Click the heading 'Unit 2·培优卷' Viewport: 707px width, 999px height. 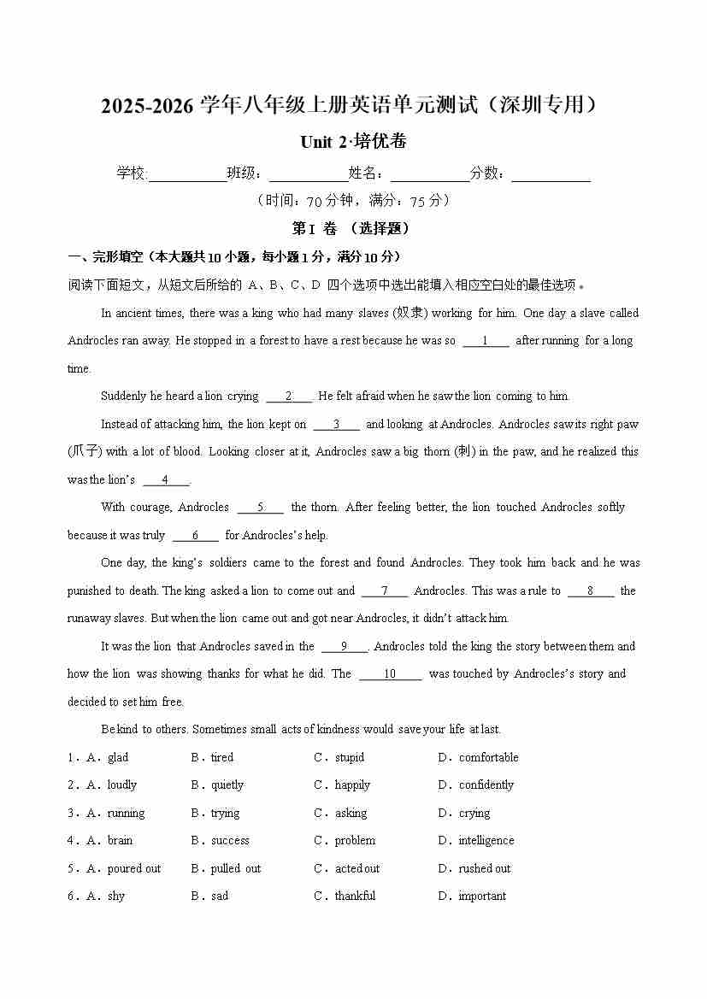tap(353, 142)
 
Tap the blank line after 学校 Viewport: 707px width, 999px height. tap(187, 174)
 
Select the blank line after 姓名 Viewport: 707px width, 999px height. tap(430, 174)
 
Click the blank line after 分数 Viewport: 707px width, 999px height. tap(551, 174)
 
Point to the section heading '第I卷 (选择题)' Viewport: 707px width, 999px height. tap(351, 229)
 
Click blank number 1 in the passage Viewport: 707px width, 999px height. tap(486, 341)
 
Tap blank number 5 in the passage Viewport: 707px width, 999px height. tap(260, 508)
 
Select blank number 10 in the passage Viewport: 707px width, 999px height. tap(390, 674)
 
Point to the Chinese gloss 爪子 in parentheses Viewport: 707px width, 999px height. tap(85, 452)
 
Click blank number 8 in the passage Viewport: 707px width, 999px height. tap(590, 591)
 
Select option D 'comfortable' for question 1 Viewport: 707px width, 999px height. tap(488, 757)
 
